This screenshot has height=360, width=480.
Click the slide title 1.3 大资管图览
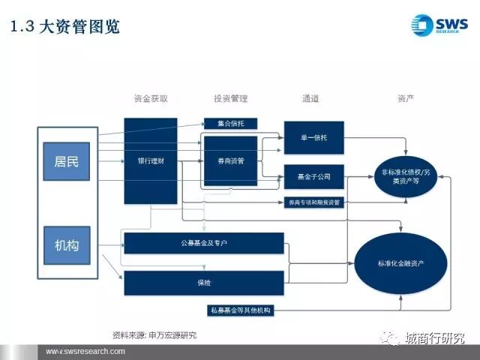64,28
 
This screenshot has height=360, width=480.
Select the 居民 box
67,161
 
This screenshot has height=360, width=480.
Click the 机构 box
67,245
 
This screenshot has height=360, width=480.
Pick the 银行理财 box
151,160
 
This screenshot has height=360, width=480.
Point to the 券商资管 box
230,160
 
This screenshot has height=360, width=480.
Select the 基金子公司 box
313,178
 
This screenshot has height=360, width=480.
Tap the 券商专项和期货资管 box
313,202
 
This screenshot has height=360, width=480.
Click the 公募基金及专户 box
203,243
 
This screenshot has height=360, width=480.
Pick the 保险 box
203,282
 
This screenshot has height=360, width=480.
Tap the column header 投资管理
230,98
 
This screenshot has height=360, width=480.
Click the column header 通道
310,98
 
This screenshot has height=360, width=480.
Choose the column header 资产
406,98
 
